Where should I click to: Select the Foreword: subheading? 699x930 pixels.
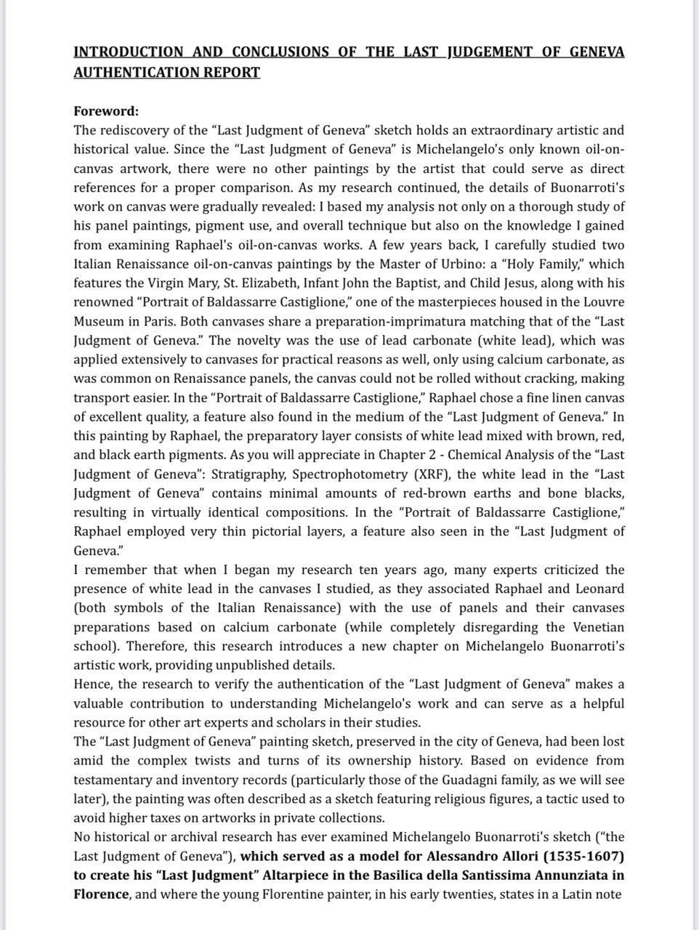click(x=106, y=111)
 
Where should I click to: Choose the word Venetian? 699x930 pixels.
click(x=594, y=627)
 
